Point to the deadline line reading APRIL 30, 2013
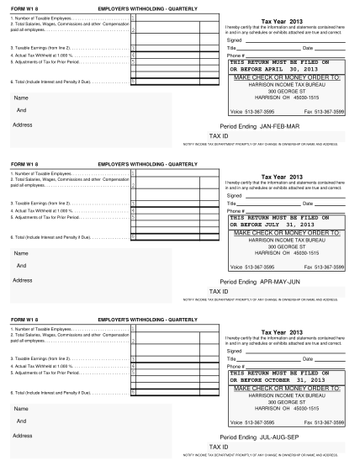pyautogui.click(x=282, y=68)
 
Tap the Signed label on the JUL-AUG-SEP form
pyautogui.click(x=235, y=351)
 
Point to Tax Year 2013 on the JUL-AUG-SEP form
pyautogui.click(x=282, y=331)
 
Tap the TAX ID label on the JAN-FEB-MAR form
pyautogui.click(x=219, y=135)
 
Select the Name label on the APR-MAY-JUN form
pyautogui.click(x=21, y=253)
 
